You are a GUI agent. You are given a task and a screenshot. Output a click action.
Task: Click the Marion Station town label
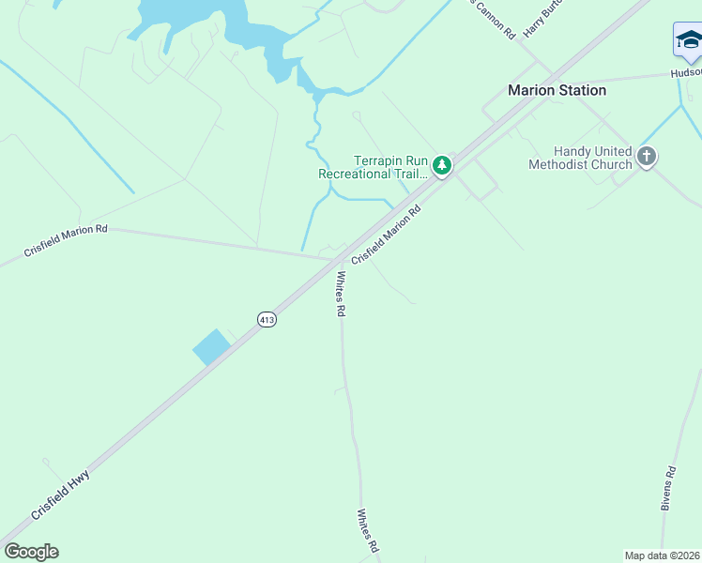[557, 90]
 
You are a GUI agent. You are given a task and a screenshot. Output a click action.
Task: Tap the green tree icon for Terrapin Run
[442, 166]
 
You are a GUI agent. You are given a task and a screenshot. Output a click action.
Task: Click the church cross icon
[647, 157]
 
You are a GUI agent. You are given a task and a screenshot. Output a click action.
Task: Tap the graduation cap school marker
[689, 40]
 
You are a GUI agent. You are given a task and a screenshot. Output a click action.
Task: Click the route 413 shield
[267, 320]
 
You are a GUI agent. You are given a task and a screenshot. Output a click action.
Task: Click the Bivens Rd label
[668, 488]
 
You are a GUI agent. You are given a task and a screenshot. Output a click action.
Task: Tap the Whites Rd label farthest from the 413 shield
[367, 531]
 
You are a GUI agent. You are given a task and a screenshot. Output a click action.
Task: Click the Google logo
[31, 552]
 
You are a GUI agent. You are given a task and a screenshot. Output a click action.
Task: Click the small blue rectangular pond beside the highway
[211, 347]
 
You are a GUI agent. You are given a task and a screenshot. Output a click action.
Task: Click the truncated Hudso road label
[685, 72]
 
